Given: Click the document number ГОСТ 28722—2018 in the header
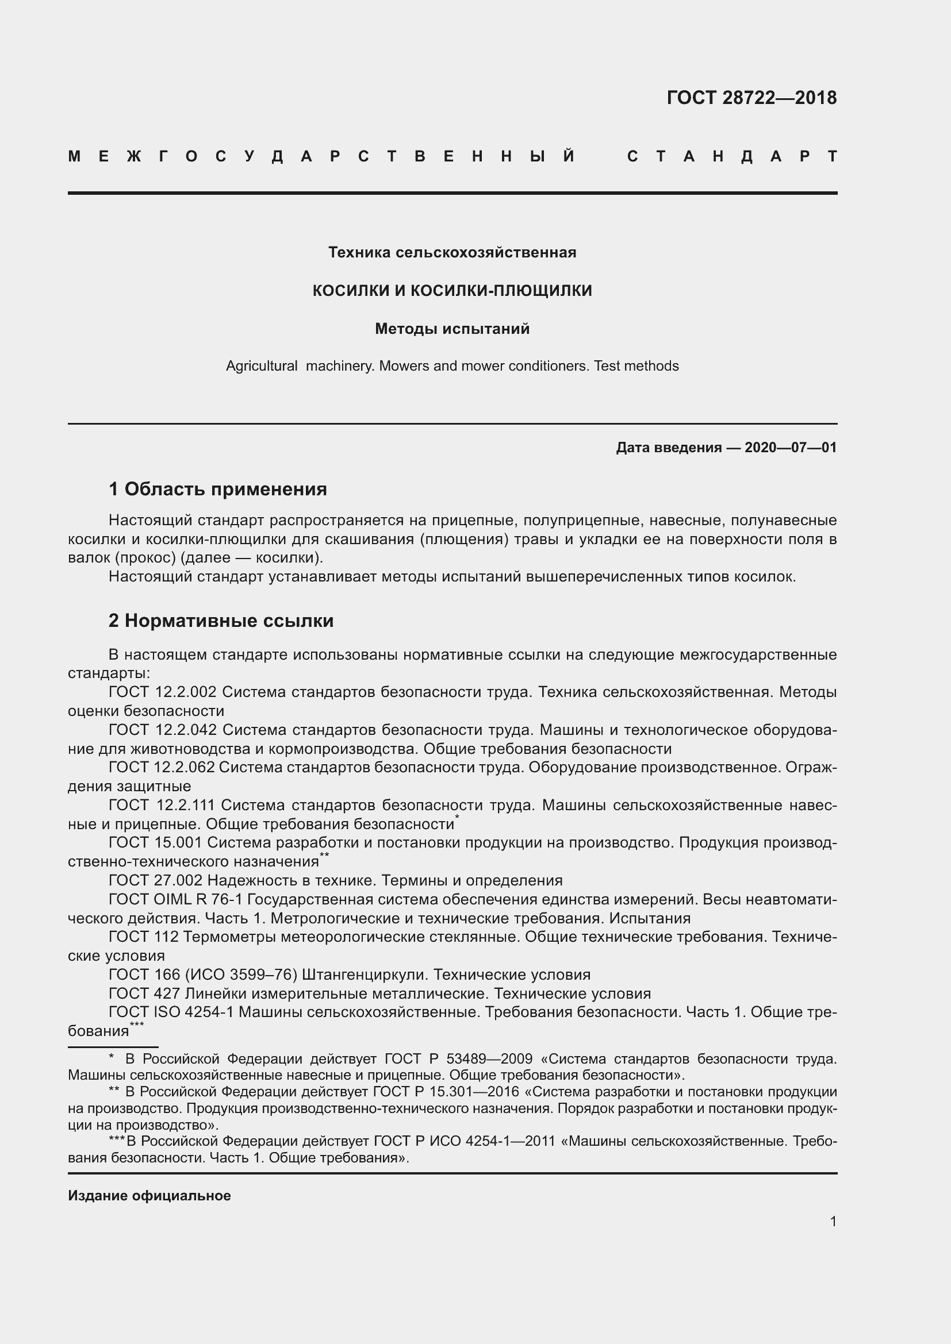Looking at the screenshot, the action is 751,97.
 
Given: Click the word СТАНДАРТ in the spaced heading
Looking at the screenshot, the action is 732,156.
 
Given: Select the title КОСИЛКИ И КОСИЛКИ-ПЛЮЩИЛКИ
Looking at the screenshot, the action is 452,290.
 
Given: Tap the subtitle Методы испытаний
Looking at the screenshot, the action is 452,329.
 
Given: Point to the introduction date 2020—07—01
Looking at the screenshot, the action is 790,448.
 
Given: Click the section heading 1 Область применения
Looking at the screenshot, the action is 218,489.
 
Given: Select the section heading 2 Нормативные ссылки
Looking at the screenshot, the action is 221,621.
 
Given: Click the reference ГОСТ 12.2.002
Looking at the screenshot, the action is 162,692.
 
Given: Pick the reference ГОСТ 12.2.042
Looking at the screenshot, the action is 162,730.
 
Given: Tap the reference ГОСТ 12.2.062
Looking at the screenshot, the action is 162,768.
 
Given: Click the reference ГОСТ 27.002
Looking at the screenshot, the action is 155,880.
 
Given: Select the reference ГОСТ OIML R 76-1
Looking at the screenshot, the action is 175,899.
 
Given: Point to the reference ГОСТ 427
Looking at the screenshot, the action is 144,993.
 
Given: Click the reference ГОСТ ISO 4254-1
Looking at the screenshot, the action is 171,1012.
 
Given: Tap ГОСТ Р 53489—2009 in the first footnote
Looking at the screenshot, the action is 458,1059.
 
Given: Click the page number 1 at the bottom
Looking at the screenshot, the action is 833,1221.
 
